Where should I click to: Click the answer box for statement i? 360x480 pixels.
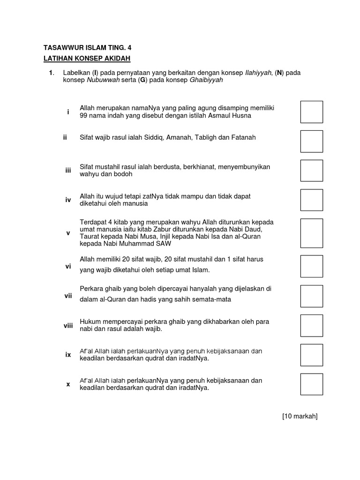tap(312, 112)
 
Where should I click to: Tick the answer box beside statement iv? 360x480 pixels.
tap(312, 200)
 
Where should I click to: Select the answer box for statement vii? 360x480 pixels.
tap(312, 296)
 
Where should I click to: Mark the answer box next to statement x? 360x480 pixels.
tap(312, 384)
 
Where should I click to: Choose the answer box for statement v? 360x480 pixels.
tap(312, 233)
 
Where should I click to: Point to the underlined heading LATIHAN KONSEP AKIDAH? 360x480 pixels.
tap(87, 58)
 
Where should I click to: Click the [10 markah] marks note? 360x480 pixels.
tap(300, 416)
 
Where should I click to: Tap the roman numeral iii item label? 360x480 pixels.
tap(68, 171)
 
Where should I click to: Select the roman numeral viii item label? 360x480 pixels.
tap(68, 325)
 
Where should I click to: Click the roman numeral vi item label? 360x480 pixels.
tap(68, 266)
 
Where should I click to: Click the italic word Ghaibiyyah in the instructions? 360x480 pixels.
tap(206, 80)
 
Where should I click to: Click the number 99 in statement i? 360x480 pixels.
tap(84, 115)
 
